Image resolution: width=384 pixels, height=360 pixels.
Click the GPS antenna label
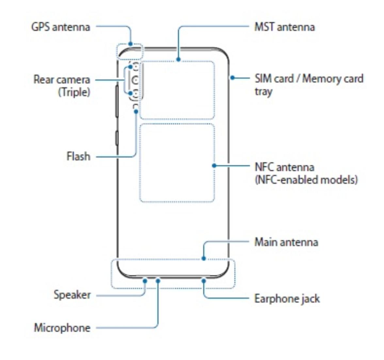[60, 27]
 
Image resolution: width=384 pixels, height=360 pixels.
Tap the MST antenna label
[284, 27]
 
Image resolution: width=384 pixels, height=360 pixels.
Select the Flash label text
[78, 156]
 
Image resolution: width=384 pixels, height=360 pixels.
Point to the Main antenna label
[286, 242]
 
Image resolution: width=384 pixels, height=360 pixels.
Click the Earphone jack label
[287, 299]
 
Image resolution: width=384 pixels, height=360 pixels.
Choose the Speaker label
[72, 295]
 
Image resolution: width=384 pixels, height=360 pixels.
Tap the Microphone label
[62, 327]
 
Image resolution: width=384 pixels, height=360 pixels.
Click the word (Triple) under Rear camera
[74, 92]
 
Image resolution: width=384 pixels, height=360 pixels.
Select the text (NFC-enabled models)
[306, 180]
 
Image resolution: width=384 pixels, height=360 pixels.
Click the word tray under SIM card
[263, 91]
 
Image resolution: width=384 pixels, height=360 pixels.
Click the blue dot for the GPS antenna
[131, 43]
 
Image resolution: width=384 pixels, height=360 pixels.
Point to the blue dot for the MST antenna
[178, 59]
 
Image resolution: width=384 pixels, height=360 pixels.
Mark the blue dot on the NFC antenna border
[214, 166]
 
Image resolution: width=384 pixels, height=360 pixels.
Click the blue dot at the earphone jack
[203, 280]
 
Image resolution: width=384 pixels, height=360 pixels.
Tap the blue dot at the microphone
[158, 280]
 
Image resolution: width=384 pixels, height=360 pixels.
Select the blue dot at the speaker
[145, 280]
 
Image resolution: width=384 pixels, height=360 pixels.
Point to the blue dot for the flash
[136, 111]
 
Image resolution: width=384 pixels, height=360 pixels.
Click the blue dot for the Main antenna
[203, 258]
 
